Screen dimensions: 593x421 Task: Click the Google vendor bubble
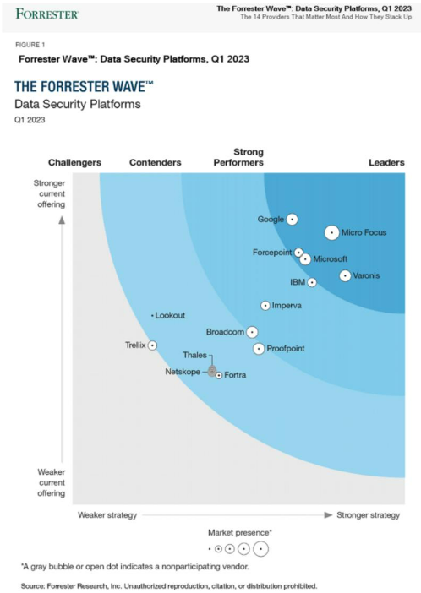tap(292, 219)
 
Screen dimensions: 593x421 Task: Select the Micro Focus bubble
tap(331, 232)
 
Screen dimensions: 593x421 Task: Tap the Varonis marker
tap(345, 275)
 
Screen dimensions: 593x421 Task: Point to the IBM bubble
tap(312, 282)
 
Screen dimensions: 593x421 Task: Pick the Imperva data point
tap(265, 305)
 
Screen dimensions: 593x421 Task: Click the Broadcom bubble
tap(252, 332)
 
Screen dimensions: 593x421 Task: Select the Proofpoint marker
tap(259, 348)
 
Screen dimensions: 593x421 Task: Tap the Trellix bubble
tap(152, 345)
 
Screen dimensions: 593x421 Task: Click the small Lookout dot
tap(152, 315)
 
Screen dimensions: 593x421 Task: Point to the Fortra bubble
tap(218, 375)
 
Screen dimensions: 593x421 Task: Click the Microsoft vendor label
tap(331, 259)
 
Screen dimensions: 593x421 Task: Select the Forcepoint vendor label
tap(272, 252)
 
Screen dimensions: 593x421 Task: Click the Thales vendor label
tap(194, 355)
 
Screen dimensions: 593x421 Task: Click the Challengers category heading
tap(74, 162)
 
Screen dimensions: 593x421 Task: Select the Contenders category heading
tap(155, 162)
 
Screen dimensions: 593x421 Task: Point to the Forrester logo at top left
tap(47, 14)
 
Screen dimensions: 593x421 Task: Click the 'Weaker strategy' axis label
tap(107, 514)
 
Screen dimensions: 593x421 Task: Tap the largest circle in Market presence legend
tap(261, 549)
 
